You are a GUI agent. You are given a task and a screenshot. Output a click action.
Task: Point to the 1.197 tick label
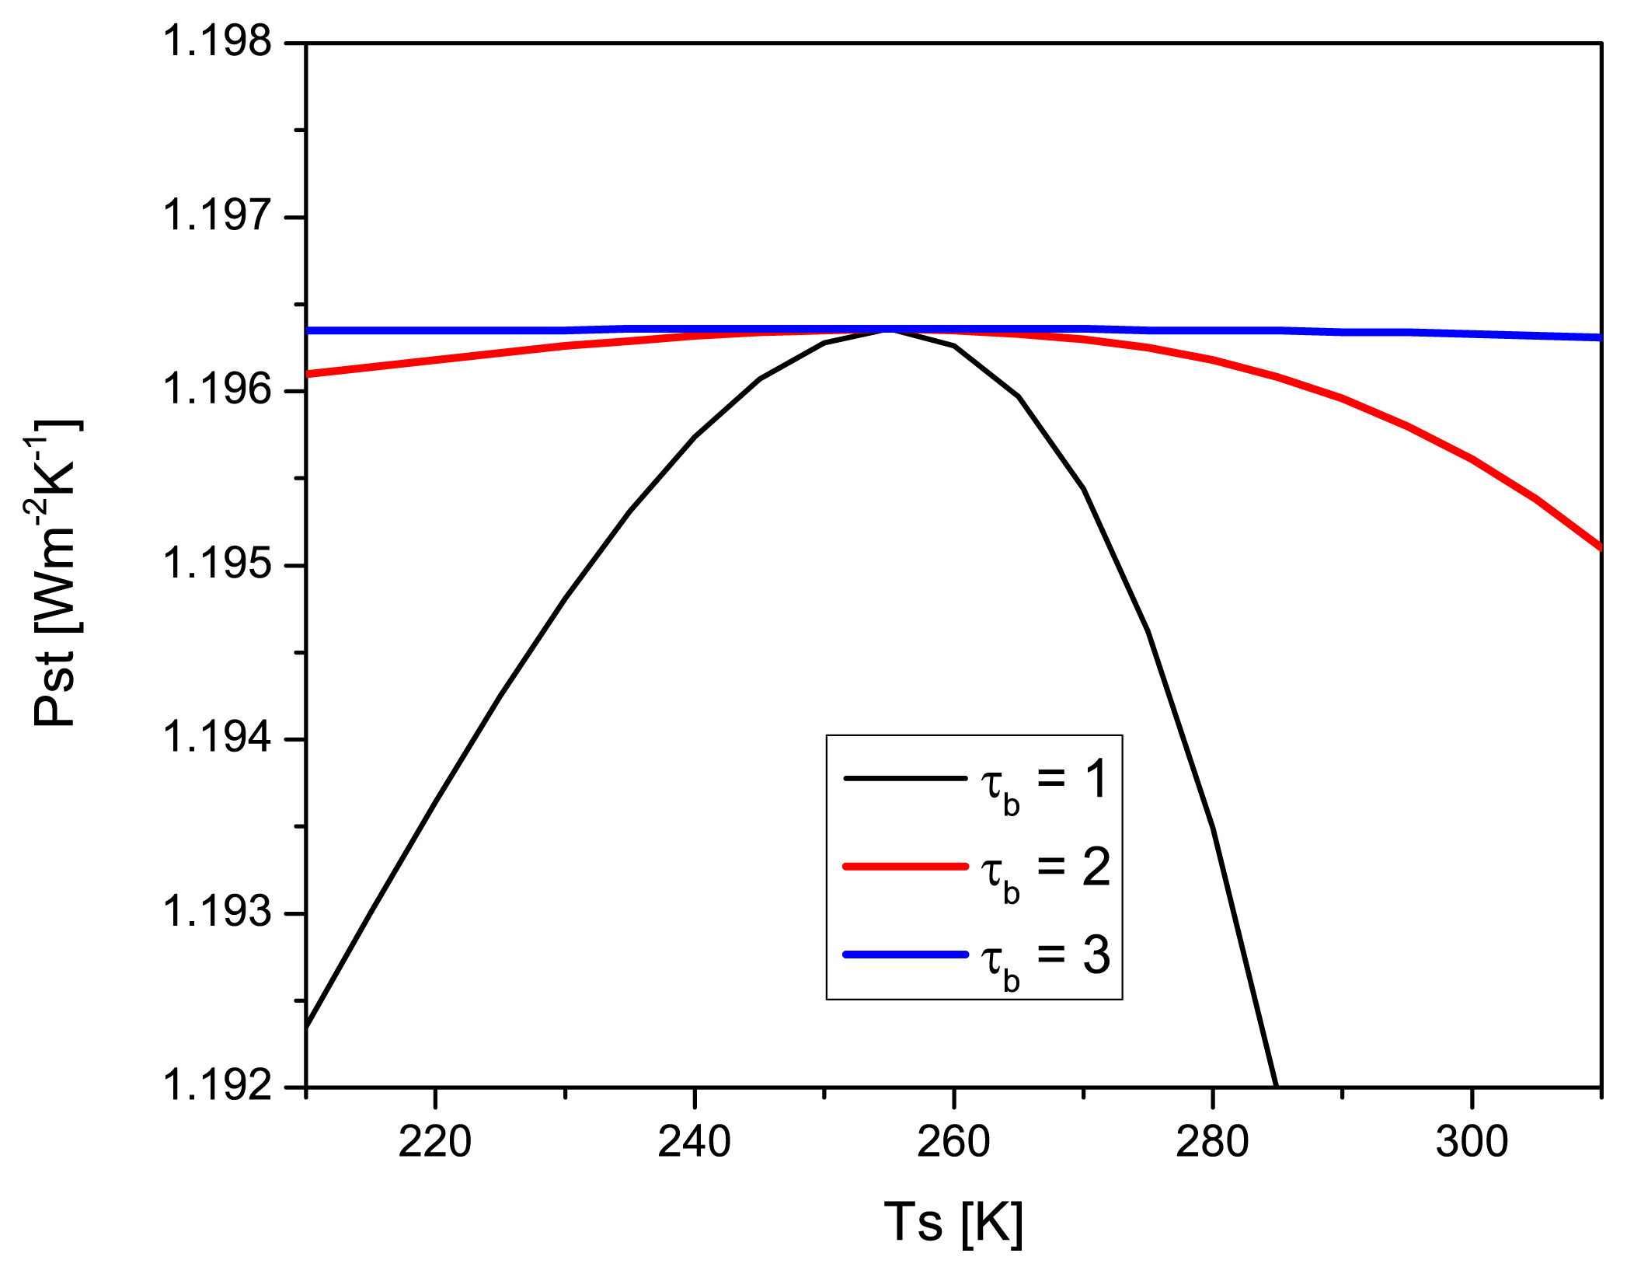click(217, 215)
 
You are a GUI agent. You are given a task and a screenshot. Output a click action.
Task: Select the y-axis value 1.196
click(217, 389)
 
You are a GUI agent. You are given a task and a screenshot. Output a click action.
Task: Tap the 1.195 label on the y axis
click(217, 564)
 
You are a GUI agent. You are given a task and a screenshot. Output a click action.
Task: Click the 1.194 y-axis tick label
click(217, 738)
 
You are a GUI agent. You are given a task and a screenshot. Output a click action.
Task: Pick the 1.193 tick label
click(217, 912)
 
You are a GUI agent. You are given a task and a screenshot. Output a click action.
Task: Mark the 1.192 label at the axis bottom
click(217, 1086)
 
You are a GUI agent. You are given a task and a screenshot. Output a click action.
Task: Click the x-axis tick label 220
click(435, 1142)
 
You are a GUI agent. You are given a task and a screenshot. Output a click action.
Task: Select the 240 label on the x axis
click(694, 1142)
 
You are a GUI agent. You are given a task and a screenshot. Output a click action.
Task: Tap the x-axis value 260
click(953, 1142)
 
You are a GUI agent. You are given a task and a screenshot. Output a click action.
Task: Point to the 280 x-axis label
click(1212, 1142)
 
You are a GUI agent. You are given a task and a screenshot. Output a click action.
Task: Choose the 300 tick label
click(1471, 1142)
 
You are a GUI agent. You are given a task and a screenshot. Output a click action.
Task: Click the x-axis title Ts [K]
click(953, 1223)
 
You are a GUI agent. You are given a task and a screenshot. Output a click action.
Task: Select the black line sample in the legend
click(905, 777)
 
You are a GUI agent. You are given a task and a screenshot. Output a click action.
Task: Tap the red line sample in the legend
click(905, 865)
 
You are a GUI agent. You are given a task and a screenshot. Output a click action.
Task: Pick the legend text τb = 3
click(1045, 957)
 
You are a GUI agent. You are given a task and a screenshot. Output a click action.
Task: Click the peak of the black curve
click(889, 331)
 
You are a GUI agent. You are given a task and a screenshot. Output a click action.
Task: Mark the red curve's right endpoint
click(1599, 547)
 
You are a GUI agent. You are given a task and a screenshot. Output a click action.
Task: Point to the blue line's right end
click(1599, 337)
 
